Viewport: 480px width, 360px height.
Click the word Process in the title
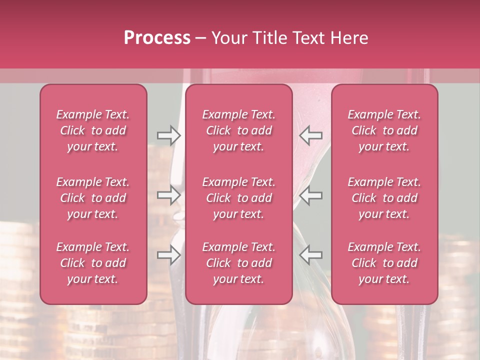(x=157, y=37)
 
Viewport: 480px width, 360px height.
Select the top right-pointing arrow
(x=168, y=135)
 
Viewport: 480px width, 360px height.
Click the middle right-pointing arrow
(x=168, y=195)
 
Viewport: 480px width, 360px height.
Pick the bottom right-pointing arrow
(x=168, y=255)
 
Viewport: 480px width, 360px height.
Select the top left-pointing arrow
(x=311, y=135)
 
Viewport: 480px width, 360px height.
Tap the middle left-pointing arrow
(x=311, y=195)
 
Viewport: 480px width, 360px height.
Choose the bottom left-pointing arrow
(x=311, y=255)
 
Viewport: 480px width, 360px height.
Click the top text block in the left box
(x=93, y=130)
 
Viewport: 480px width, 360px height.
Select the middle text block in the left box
(x=93, y=198)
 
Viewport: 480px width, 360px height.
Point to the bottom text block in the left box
(x=93, y=263)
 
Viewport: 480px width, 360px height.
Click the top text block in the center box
(x=239, y=130)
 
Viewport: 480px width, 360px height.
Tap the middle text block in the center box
(x=239, y=198)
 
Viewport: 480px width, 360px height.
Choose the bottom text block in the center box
(x=239, y=263)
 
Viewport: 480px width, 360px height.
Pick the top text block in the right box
(x=384, y=130)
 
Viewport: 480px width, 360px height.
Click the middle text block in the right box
(x=384, y=198)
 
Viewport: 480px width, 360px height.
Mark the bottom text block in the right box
(x=384, y=263)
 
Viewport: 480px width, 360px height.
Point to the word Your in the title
(x=228, y=37)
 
